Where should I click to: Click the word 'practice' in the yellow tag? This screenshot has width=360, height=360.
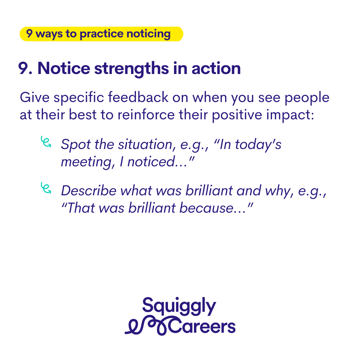click(x=102, y=34)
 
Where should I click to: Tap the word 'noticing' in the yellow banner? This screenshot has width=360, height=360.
click(x=149, y=34)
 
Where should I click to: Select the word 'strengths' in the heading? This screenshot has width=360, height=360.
click(x=132, y=69)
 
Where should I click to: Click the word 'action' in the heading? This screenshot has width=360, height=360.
click(x=216, y=68)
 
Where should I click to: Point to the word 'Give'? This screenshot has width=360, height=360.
click(x=35, y=97)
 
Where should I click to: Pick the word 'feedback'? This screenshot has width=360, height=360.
click(x=138, y=97)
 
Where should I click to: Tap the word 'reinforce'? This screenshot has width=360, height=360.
click(x=146, y=115)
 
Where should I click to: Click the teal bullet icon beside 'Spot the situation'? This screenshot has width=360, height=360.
click(x=46, y=142)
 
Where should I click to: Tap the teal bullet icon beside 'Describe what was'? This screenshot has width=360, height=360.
click(x=46, y=188)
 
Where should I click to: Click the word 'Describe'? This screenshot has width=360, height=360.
click(x=89, y=191)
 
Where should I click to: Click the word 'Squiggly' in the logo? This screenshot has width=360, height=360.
click(x=179, y=306)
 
